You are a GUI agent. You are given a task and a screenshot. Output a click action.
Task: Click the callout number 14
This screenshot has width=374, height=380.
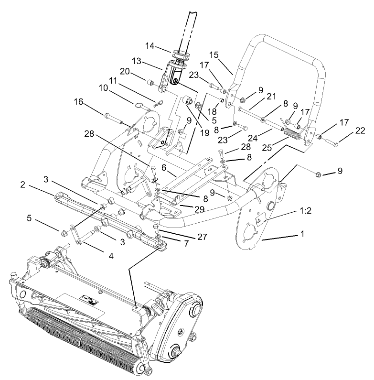150,46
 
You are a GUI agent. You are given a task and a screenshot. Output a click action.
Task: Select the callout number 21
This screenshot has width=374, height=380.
271,97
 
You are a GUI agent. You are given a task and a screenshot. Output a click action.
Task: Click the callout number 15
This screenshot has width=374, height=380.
214,55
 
